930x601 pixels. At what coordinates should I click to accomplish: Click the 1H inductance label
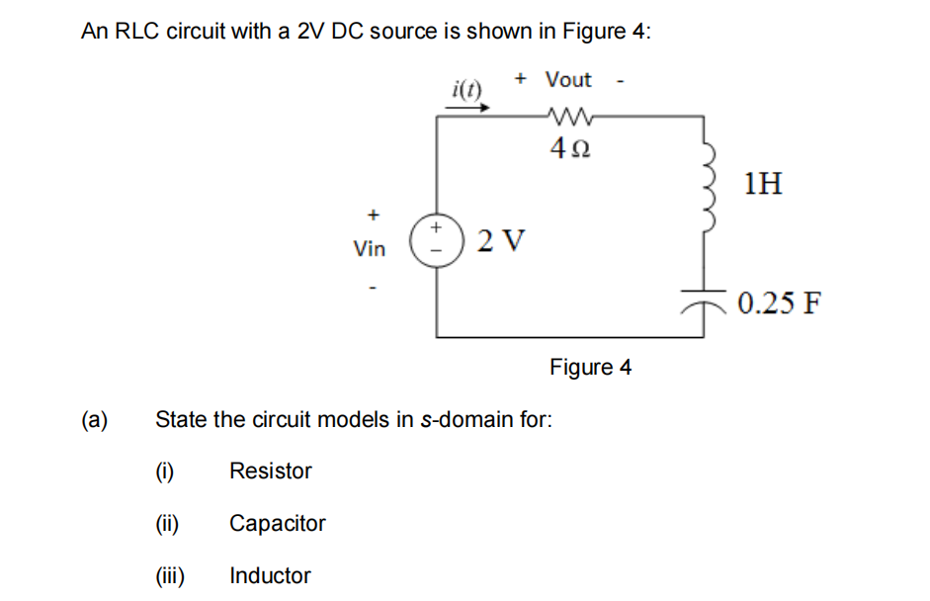pyautogui.click(x=764, y=183)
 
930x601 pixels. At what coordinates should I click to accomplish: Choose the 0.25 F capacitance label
pyautogui.click(x=778, y=302)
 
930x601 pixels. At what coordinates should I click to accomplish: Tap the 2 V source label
pyautogui.click(x=501, y=240)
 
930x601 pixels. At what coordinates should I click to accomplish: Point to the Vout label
pyautogui.click(x=569, y=79)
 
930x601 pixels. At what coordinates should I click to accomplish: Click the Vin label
pyautogui.click(x=370, y=249)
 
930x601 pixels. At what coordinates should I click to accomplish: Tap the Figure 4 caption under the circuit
pyautogui.click(x=590, y=368)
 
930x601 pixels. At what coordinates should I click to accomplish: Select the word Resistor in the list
pyautogui.click(x=270, y=472)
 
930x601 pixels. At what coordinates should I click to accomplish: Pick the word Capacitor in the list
pyautogui.click(x=277, y=524)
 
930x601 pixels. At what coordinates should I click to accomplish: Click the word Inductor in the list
pyautogui.click(x=270, y=576)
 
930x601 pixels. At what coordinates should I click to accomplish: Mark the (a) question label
pyautogui.click(x=94, y=419)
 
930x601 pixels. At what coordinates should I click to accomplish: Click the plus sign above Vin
pyautogui.click(x=373, y=214)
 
